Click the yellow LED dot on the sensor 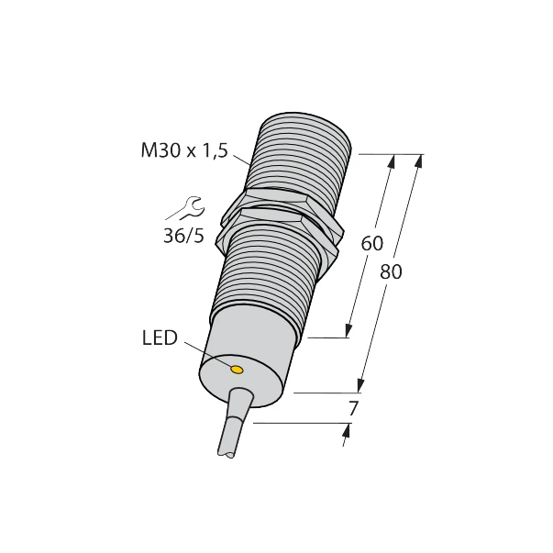pyautogui.click(x=237, y=370)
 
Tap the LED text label pyautogui.click(x=160, y=337)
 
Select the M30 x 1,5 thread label pyautogui.click(x=184, y=151)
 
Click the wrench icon pyautogui.click(x=184, y=208)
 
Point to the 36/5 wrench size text pyautogui.click(x=183, y=236)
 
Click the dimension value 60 pyautogui.click(x=371, y=244)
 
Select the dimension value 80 pyautogui.click(x=391, y=272)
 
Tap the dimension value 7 pyautogui.click(x=353, y=409)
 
